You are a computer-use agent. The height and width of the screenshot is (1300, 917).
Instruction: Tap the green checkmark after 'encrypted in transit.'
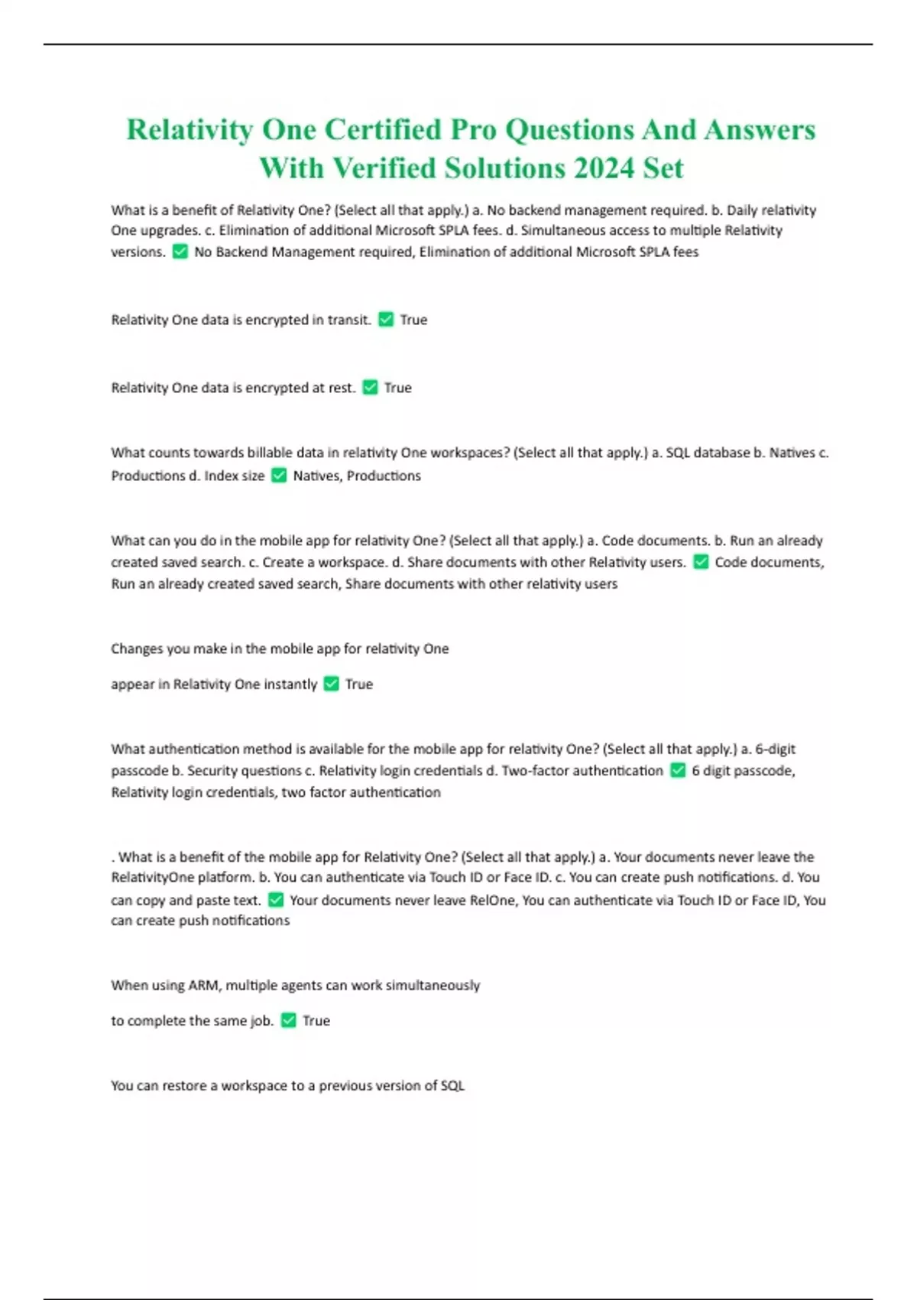click(x=386, y=320)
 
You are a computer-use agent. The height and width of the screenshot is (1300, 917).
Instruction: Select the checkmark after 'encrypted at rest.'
click(x=370, y=388)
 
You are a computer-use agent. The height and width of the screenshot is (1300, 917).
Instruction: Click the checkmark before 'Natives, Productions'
click(x=279, y=476)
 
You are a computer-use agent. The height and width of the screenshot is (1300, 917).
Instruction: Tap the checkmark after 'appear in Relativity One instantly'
click(x=331, y=684)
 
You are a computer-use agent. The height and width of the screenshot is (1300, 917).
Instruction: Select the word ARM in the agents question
click(x=203, y=985)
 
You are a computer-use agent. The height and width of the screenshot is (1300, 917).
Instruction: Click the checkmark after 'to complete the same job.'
click(x=288, y=1020)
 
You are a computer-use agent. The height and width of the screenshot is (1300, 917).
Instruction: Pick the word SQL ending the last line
click(x=452, y=1085)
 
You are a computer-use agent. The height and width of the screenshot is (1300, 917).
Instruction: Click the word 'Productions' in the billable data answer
click(x=384, y=476)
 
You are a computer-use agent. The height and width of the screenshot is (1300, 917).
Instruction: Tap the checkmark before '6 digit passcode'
click(x=678, y=771)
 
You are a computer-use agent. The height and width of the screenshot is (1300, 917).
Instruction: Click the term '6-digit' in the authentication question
click(x=775, y=749)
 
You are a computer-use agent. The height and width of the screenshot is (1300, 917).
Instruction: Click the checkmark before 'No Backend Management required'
click(x=180, y=252)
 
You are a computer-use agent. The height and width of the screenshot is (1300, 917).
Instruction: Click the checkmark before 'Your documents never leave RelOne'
click(x=276, y=900)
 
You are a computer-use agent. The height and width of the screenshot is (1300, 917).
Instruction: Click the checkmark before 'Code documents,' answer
click(x=701, y=562)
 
